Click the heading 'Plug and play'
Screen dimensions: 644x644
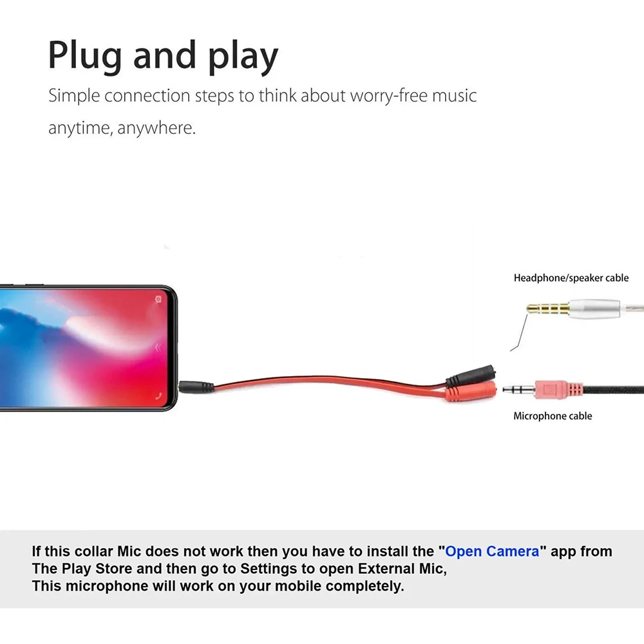[x=163, y=56]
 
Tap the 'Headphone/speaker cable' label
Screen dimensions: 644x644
[x=571, y=278]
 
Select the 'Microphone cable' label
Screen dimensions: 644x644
[x=553, y=416]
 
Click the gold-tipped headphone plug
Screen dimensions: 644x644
[x=548, y=308]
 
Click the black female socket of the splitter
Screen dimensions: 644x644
[x=471, y=375]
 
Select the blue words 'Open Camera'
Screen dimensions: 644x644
[x=492, y=551]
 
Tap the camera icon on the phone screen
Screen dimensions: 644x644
[x=158, y=299]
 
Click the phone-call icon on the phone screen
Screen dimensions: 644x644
[x=159, y=396]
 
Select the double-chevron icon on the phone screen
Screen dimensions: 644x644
[x=158, y=348]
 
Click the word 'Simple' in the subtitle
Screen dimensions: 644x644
[x=74, y=96]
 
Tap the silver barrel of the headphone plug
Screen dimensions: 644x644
[x=594, y=308]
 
